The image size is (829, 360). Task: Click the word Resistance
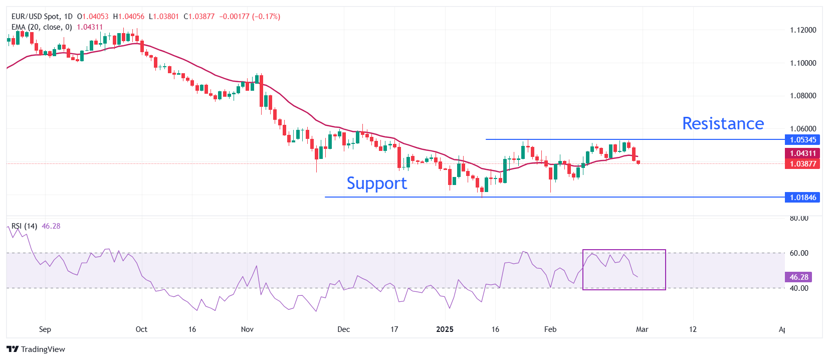(723, 123)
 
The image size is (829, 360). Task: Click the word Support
(376, 184)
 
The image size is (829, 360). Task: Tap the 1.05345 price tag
(802, 140)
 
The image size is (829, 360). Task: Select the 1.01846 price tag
(802, 198)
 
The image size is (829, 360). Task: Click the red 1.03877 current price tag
(802, 164)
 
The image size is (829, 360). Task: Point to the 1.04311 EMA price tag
(802, 153)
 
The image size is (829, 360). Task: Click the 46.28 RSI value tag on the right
(798, 277)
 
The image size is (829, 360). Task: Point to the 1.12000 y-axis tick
(802, 30)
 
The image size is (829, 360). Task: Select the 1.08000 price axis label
(802, 96)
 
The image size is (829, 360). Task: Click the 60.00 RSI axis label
(799, 253)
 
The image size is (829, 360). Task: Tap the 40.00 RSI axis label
(799, 288)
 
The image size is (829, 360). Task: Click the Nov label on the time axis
(247, 329)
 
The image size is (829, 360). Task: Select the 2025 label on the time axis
(445, 329)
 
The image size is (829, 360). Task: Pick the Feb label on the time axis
(550, 329)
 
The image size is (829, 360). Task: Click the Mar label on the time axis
(642, 329)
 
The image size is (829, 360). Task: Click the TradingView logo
(36, 349)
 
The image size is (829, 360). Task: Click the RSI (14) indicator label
(25, 226)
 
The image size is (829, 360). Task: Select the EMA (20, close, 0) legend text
(42, 27)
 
